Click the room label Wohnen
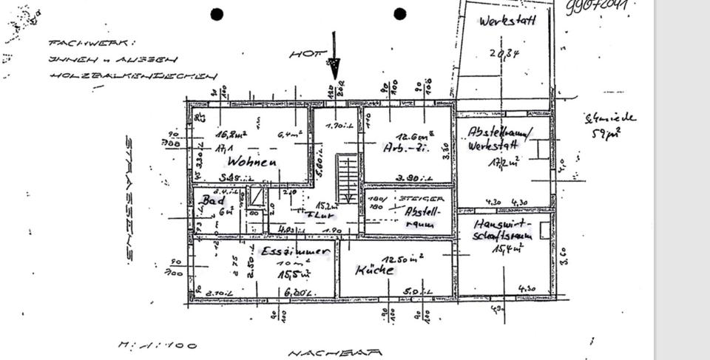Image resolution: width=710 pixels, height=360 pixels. click(x=251, y=161)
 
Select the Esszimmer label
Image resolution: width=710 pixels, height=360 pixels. click(x=294, y=251)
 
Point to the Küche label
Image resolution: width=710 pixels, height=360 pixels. click(x=375, y=271)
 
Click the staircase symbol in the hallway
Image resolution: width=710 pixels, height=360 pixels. click(x=347, y=178)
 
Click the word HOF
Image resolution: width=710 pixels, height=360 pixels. click(x=303, y=54)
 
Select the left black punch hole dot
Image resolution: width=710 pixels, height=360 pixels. click(x=217, y=14)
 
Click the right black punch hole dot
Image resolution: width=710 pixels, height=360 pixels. click(x=400, y=14)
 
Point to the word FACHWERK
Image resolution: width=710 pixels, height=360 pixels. click(x=92, y=44)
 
